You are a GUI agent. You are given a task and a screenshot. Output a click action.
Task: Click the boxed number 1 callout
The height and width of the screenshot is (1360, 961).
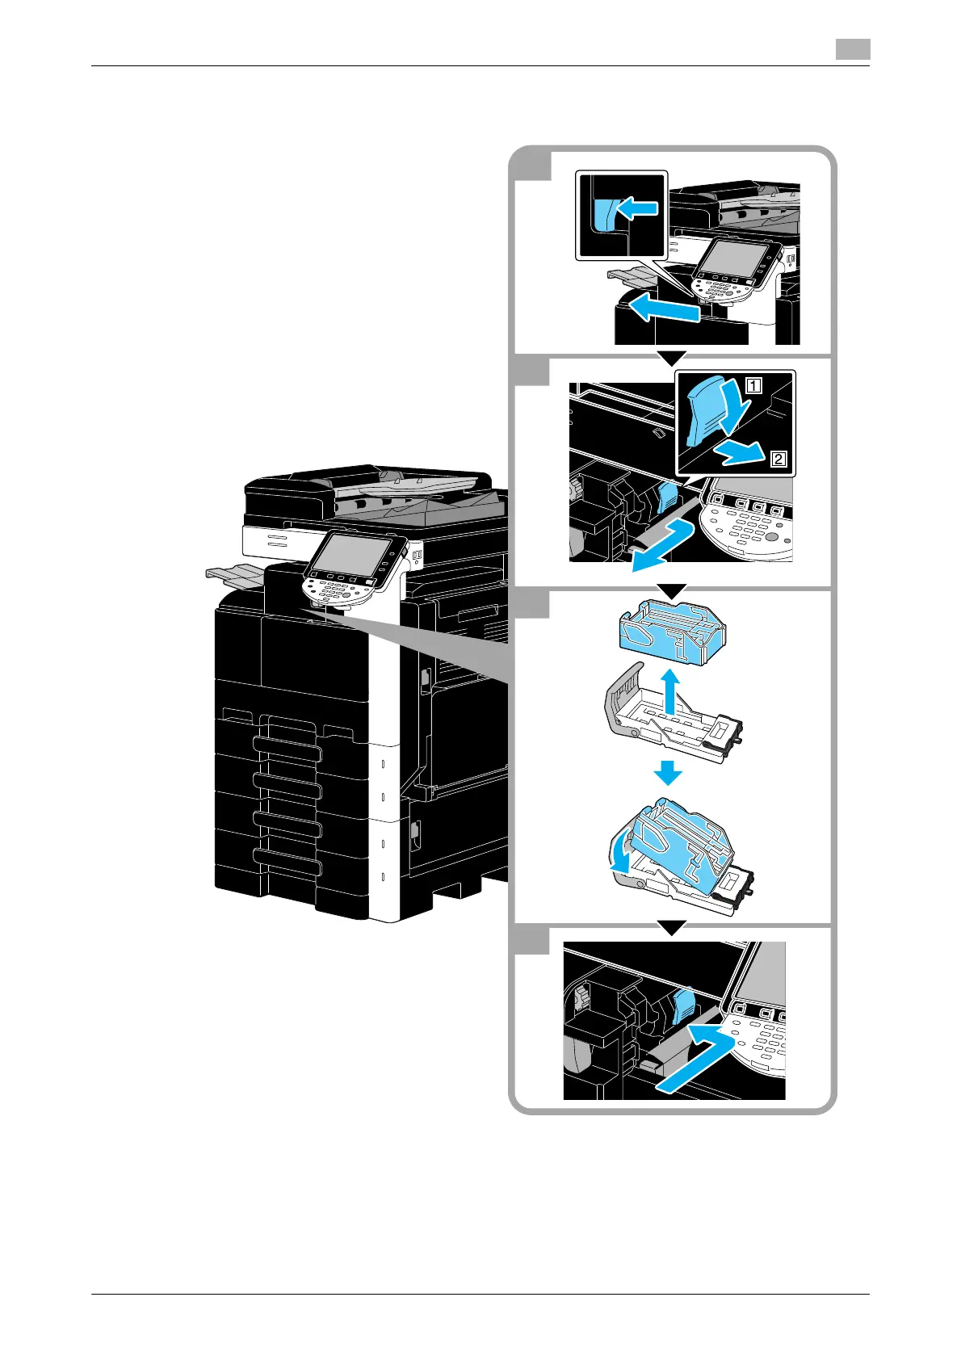click(753, 386)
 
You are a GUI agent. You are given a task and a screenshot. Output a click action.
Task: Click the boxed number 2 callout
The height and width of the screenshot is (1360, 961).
click(778, 460)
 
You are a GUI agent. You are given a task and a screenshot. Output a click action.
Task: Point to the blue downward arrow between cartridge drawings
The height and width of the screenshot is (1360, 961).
click(668, 774)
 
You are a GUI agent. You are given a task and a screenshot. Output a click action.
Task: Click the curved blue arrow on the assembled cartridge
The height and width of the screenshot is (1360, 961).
click(620, 855)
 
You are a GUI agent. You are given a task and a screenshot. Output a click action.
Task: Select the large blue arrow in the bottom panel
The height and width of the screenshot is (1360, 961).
click(695, 1059)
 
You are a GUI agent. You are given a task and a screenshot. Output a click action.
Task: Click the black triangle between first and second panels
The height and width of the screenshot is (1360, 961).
click(671, 357)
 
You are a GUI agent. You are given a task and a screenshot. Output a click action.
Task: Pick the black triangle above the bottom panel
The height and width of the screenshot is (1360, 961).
click(671, 927)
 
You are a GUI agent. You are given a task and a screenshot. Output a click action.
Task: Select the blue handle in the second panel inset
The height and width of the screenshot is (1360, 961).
click(704, 412)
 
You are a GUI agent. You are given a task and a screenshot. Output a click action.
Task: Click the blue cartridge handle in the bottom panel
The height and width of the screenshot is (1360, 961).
click(683, 1005)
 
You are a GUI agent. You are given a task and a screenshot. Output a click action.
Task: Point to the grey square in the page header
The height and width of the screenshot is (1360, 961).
click(852, 49)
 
